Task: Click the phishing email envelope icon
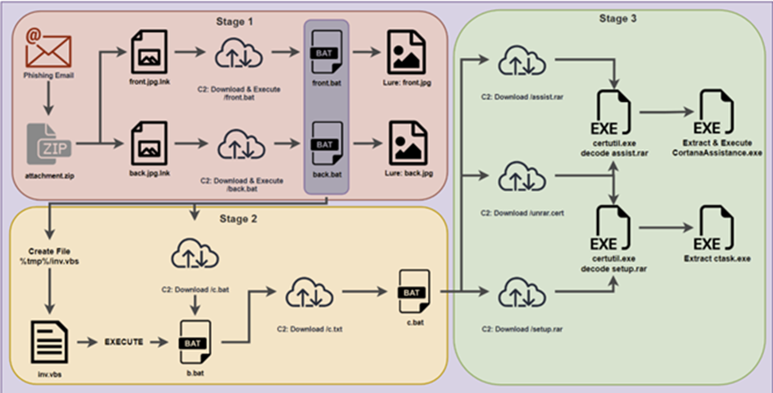click(x=47, y=50)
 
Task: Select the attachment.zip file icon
click(x=47, y=143)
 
